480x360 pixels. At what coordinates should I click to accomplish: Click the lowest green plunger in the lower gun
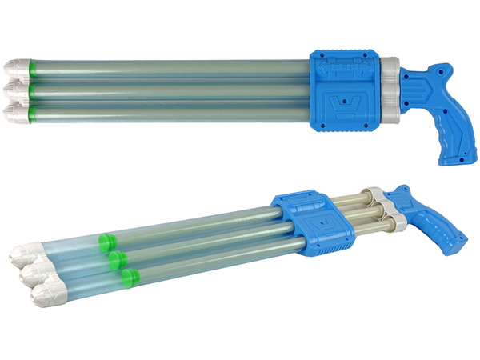[128, 276]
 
